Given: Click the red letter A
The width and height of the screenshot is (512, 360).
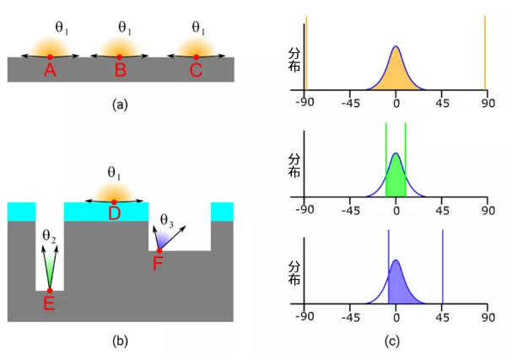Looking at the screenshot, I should point(50,71).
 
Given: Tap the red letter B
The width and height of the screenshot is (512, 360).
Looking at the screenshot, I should point(121,71).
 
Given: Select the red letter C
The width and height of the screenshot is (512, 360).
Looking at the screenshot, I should point(196,71).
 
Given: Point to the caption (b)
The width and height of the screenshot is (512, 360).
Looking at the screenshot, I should point(119,341).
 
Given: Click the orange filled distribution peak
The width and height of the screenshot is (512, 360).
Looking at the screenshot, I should point(396,72).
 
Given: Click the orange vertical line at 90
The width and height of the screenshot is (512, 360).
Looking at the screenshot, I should point(485,51).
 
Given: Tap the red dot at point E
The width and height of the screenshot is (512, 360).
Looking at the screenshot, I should point(50,291).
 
